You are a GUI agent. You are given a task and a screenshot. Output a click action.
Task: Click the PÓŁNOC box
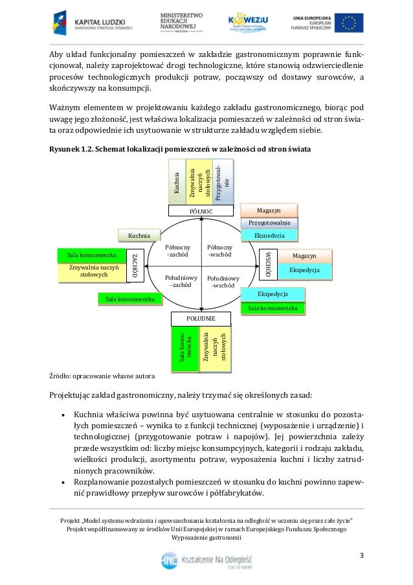tap(201, 211)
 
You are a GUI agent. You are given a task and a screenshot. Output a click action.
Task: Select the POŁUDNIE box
tap(201, 319)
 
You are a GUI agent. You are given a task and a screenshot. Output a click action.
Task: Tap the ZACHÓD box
tap(135, 265)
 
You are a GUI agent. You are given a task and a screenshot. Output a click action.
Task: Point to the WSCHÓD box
tap(268, 265)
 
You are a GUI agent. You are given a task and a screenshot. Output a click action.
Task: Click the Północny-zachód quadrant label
tap(177, 251)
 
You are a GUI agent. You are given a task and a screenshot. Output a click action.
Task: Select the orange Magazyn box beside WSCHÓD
tap(304, 257)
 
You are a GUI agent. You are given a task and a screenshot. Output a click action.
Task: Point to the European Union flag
tap(352, 23)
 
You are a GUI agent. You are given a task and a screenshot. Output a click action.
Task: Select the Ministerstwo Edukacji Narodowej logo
tap(181, 23)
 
